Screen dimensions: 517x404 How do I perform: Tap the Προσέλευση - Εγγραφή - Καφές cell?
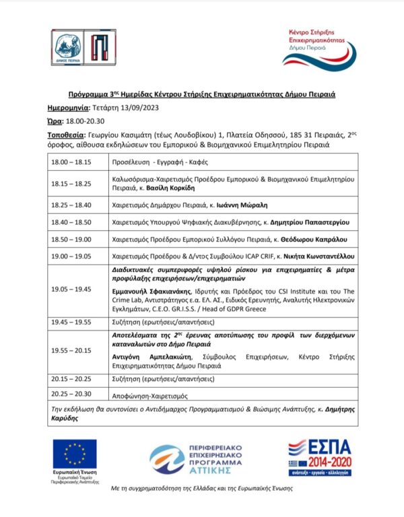[159, 162]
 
